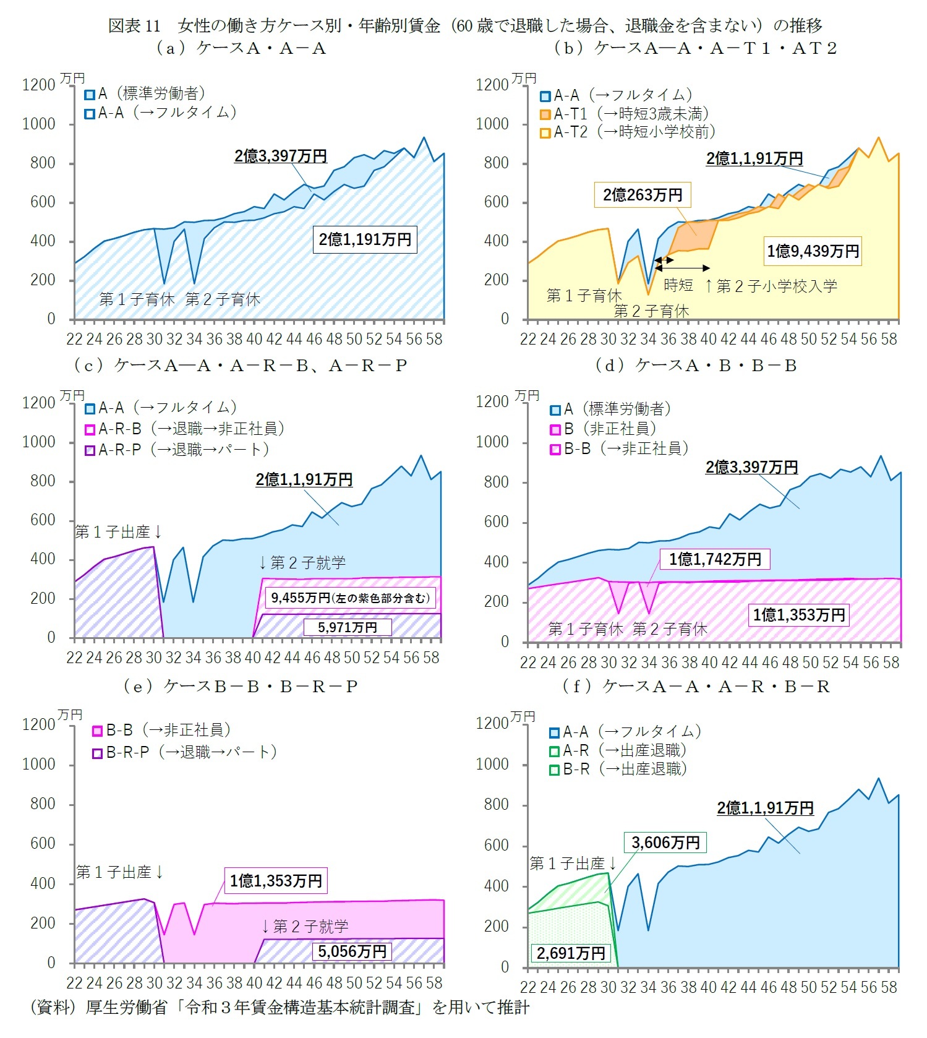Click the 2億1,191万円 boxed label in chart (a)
(x=365, y=239)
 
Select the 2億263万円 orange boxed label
(x=643, y=195)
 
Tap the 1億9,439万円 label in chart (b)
(x=813, y=251)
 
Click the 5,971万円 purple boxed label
(x=348, y=627)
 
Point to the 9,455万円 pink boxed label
(x=350, y=598)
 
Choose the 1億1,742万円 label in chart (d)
(x=715, y=559)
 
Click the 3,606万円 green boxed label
(x=665, y=843)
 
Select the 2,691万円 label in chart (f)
(x=571, y=953)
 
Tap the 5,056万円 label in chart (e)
(x=352, y=951)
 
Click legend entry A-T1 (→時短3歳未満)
(x=625, y=114)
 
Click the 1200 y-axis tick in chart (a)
(x=39, y=85)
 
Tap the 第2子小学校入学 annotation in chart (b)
(x=771, y=286)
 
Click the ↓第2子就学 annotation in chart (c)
(x=302, y=562)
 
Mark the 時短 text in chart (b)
(x=678, y=285)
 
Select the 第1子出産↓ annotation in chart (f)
(x=573, y=863)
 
